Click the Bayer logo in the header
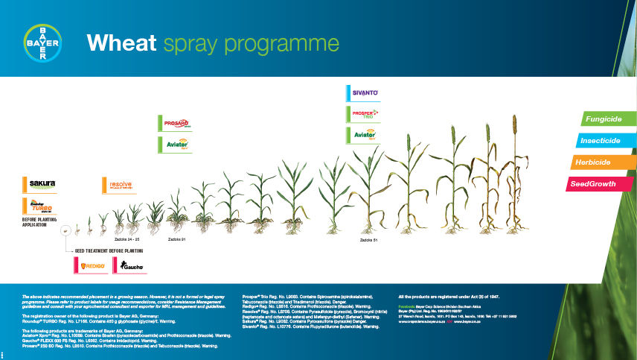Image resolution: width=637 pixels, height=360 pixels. pos(42,42)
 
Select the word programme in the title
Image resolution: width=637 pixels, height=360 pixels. pos(290,43)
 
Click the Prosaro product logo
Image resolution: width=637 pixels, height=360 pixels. pos(176,123)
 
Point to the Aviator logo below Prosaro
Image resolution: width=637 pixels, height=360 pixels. pos(176,145)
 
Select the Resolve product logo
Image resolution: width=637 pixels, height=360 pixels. pos(118,185)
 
